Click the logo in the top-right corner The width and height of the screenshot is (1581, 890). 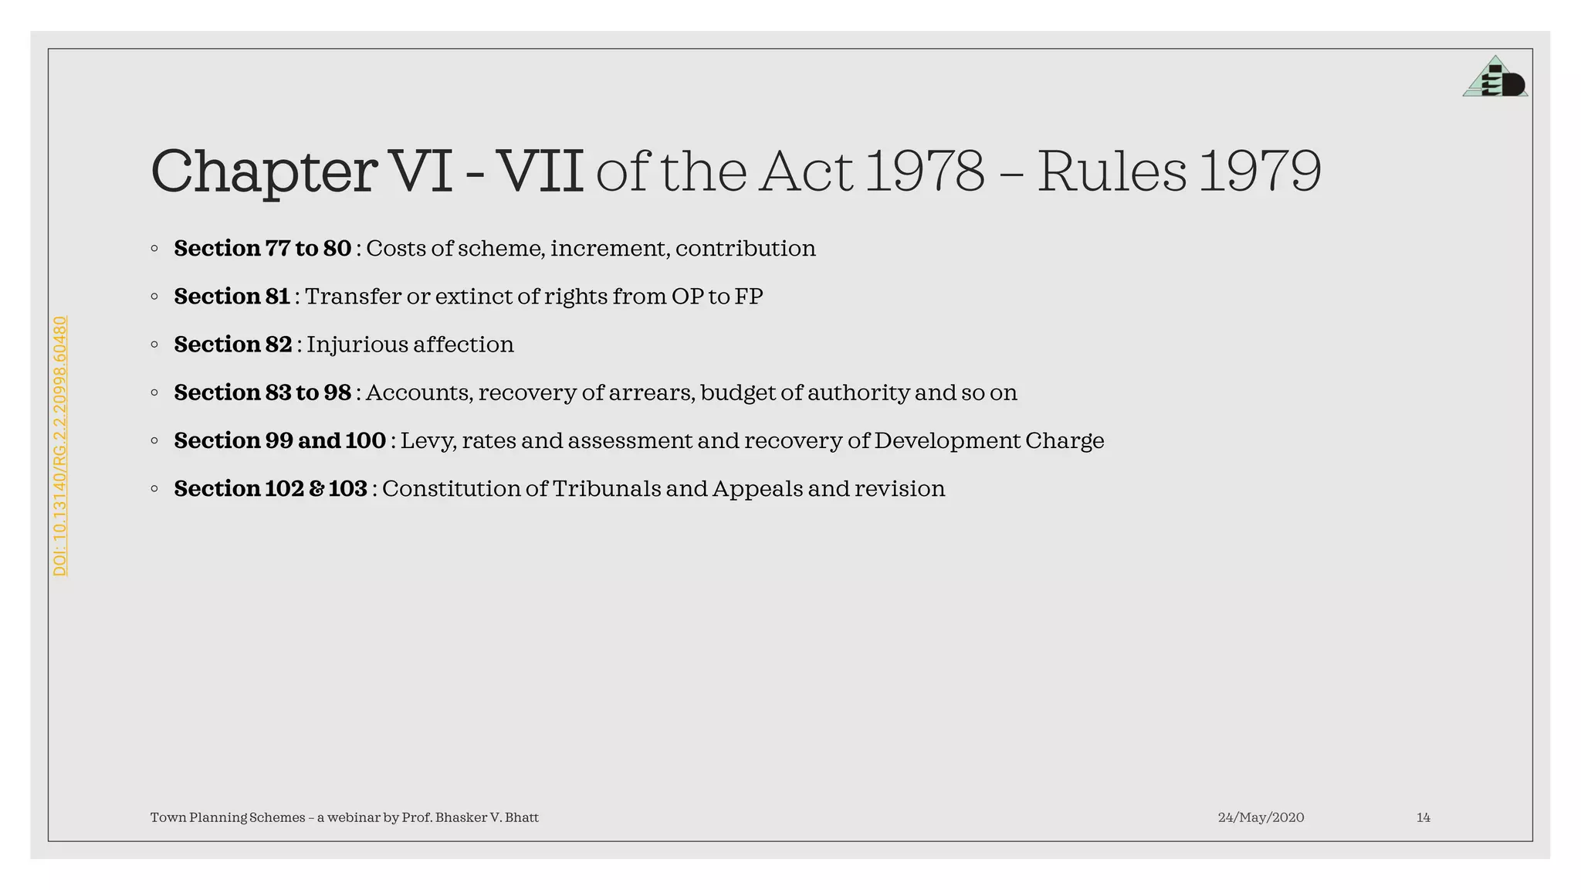tap(1495, 77)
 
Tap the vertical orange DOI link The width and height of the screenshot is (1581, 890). tap(60, 446)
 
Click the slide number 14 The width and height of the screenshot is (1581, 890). tap(1423, 817)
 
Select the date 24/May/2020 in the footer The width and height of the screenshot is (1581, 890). tap(1261, 817)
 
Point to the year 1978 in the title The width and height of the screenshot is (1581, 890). tap(925, 172)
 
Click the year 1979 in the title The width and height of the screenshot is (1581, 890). tap(1260, 172)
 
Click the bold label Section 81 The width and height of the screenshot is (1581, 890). tap(232, 297)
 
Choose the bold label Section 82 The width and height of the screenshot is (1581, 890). tap(232, 345)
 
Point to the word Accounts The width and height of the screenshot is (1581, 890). tap(418, 393)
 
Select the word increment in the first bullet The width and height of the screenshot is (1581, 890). tap(610, 249)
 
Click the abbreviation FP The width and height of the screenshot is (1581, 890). tap(749, 297)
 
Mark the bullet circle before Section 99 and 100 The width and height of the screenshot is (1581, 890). tap(154, 441)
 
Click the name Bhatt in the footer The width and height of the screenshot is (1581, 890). tap(522, 817)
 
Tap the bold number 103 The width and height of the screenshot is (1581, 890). tap(347, 489)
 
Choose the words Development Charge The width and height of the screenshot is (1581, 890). tap(989, 441)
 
